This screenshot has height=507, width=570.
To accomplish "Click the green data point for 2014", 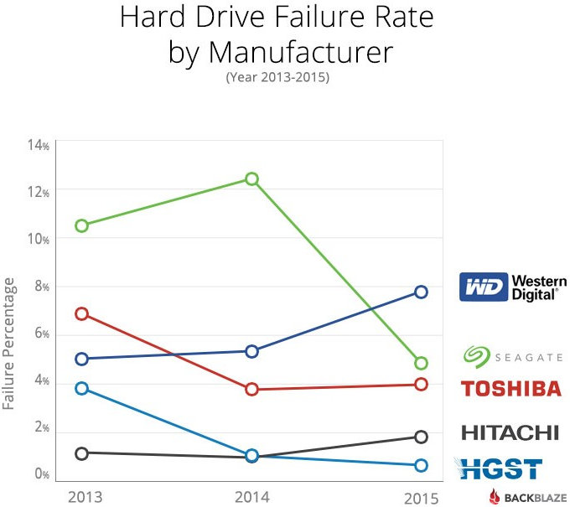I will [x=251, y=178].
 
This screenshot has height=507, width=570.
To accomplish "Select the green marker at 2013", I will [x=81, y=225].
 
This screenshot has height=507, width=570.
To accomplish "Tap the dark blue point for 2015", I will [x=421, y=292].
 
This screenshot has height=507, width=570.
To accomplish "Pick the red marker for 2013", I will [x=81, y=313].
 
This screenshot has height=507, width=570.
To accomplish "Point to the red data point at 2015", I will [x=421, y=384].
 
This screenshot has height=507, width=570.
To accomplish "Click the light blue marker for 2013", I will [x=81, y=388].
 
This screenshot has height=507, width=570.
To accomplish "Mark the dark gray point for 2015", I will [x=421, y=437].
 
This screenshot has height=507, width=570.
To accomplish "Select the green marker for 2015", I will [x=421, y=363].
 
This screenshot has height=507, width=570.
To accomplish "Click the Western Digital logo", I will [x=513, y=287].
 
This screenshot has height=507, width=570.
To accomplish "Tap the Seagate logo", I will [x=512, y=357].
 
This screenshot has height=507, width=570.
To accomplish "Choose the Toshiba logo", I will [x=511, y=389].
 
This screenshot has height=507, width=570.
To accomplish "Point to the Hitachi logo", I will [x=510, y=432].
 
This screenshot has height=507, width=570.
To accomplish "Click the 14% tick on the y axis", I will [x=39, y=145].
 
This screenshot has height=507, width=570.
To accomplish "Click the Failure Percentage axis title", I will [x=10, y=349].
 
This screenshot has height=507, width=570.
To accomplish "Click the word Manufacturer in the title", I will [x=300, y=52].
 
